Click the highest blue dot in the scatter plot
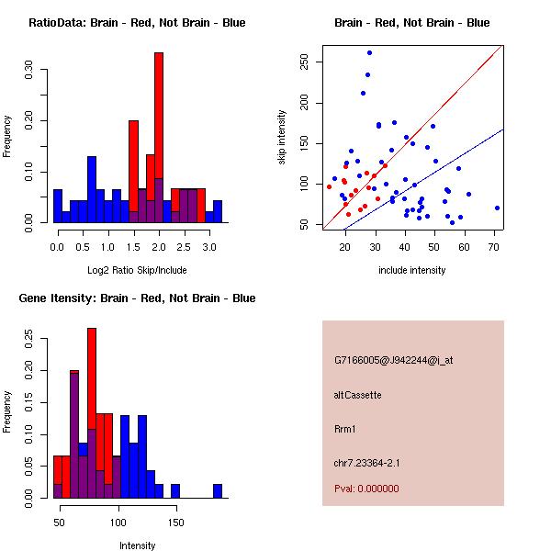point(369,53)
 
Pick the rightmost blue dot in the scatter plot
point(497,208)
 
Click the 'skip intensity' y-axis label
point(283,138)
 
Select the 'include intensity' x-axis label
point(412,270)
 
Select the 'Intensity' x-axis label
point(137,545)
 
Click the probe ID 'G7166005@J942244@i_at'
point(394,360)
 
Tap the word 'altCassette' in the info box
point(357,395)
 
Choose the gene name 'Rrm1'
point(345,429)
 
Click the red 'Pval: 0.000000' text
point(366,489)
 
